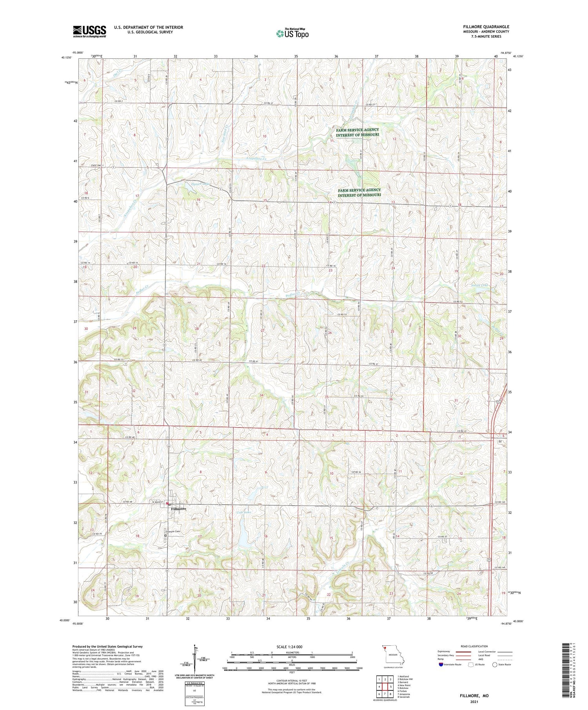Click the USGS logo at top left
point(89,31)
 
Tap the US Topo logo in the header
point(292,34)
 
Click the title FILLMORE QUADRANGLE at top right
point(486,27)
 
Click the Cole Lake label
point(243,512)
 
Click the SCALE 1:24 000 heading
point(289,647)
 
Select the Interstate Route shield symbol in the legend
point(441,665)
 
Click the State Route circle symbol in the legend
point(495,665)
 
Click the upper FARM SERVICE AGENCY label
point(357,132)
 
